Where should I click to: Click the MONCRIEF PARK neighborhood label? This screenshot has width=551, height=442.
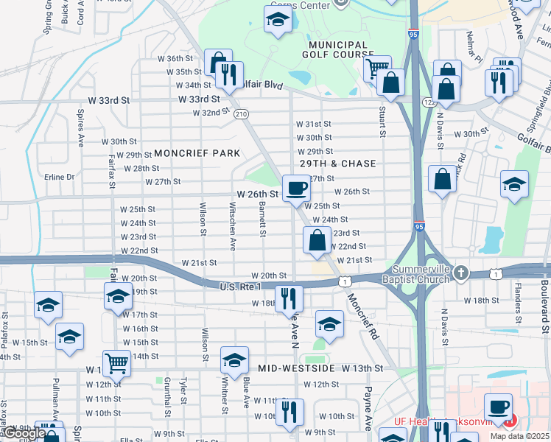[x=197, y=153]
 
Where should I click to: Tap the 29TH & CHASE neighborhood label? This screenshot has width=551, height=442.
[x=338, y=164]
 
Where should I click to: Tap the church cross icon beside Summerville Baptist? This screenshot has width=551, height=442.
[x=461, y=273]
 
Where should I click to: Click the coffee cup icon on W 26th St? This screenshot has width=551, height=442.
[x=296, y=188]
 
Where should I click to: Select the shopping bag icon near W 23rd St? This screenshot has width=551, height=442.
[x=317, y=240]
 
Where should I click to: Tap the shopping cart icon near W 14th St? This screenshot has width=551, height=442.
[x=116, y=362]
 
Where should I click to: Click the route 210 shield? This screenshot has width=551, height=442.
[x=241, y=114]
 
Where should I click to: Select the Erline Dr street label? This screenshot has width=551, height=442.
[x=60, y=177]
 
